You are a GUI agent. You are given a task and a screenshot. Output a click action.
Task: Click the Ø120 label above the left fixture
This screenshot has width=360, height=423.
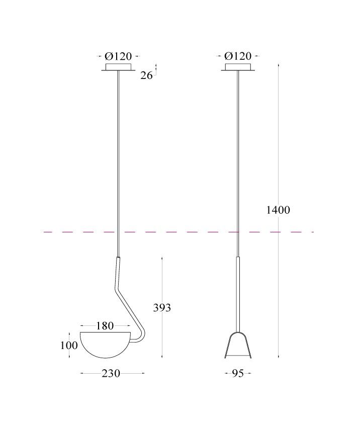(x=118, y=56)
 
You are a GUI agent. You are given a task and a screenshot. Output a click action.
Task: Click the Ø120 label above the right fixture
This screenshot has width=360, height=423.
(x=238, y=56)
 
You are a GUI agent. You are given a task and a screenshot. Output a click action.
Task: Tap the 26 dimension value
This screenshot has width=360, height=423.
(x=146, y=75)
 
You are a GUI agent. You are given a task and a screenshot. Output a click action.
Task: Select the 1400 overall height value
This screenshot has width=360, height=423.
(x=278, y=210)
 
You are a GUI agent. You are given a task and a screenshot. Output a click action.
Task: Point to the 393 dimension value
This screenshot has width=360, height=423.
(x=162, y=307)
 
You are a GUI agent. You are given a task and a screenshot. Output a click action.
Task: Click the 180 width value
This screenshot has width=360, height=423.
(x=105, y=326)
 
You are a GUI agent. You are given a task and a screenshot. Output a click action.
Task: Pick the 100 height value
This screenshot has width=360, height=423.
(x=69, y=346)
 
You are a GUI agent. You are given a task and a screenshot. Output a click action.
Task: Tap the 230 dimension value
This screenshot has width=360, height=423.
(x=111, y=373)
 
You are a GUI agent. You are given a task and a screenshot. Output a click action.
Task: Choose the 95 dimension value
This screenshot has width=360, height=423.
(x=238, y=373)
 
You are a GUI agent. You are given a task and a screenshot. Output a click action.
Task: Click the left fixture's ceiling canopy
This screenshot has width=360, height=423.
(x=118, y=67)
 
